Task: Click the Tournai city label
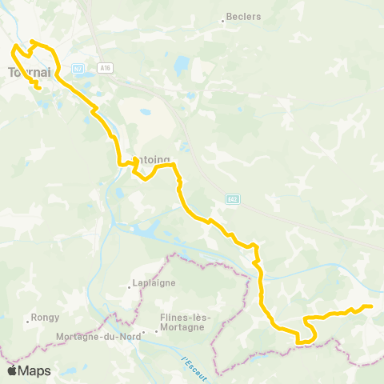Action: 29,71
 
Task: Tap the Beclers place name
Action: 244,16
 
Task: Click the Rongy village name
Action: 46,317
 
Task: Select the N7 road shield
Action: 78,69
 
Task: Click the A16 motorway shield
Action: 106,69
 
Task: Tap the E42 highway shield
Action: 232,199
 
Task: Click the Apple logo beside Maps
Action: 11,371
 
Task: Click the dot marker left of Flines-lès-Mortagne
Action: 145,331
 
